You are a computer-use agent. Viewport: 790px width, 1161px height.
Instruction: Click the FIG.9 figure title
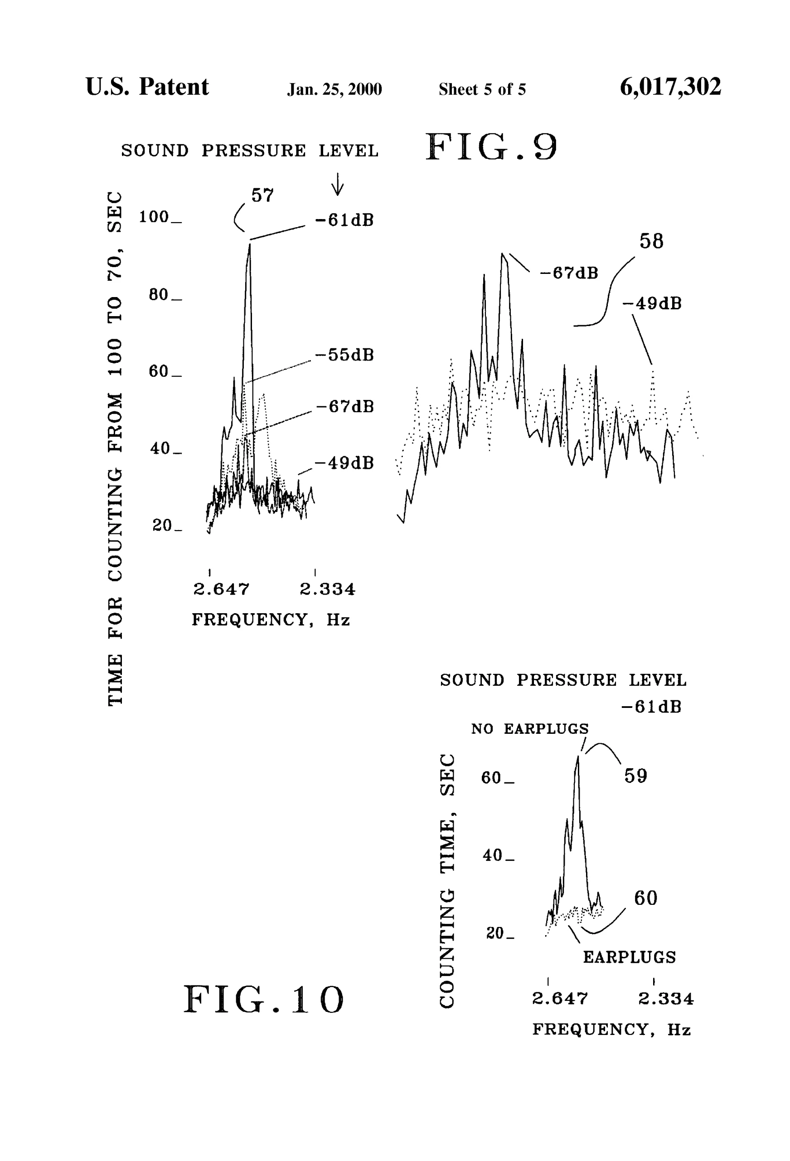(491, 147)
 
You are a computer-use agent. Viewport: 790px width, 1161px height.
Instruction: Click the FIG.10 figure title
(264, 1000)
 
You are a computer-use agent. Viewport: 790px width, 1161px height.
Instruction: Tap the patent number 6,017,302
(670, 87)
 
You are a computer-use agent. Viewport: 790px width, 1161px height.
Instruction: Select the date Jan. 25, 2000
(334, 89)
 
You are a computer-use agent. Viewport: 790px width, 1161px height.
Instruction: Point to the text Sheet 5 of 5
(482, 89)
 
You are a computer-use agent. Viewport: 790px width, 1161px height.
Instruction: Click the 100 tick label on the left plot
(154, 217)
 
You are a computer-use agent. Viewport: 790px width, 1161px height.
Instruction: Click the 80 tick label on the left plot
(159, 295)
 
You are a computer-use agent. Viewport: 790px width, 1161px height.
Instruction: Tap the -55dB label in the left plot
(344, 355)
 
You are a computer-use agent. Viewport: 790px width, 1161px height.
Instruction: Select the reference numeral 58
(651, 242)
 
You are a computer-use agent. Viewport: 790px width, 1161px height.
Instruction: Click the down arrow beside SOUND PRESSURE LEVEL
(338, 184)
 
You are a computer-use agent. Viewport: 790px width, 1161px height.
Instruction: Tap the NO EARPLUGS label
(530, 729)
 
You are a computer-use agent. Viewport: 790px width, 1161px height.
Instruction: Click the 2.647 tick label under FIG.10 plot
(560, 999)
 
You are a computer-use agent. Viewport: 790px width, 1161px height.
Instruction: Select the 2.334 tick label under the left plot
(327, 590)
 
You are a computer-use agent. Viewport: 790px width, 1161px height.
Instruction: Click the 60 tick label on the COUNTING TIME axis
(491, 778)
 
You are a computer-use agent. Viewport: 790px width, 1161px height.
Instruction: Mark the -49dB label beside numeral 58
(652, 304)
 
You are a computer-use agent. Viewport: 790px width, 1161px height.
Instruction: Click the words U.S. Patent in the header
(147, 87)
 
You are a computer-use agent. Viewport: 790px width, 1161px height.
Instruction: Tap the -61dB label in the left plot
(344, 220)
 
